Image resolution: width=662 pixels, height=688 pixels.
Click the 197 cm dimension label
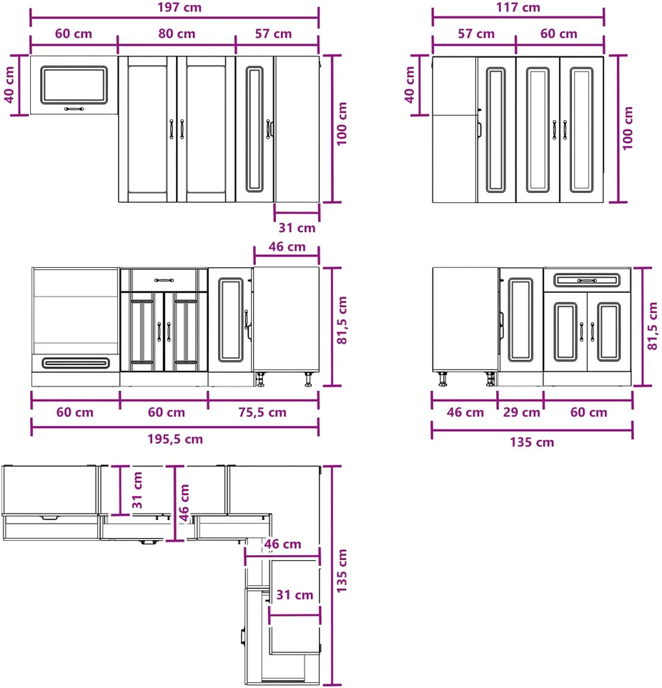tap(179, 7)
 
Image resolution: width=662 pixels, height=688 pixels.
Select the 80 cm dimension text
tap(177, 34)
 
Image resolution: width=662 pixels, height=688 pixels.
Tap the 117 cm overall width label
tap(518, 7)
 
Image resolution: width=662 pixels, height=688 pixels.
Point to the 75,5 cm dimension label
tap(262, 412)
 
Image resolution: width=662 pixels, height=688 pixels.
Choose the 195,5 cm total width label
tap(175, 439)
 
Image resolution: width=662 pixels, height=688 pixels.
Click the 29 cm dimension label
tap(522, 412)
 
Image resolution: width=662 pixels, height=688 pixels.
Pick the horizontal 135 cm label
tap(532, 442)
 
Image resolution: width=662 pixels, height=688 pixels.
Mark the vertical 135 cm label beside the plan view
tap(342, 571)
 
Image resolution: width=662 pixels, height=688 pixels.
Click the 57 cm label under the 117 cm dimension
tap(476, 34)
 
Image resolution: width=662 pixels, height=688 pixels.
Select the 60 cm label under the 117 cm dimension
tap(559, 34)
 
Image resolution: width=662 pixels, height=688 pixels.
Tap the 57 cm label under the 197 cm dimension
tap(274, 34)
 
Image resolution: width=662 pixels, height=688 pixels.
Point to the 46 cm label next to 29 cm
tap(465, 412)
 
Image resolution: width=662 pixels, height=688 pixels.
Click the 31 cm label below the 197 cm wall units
tap(297, 228)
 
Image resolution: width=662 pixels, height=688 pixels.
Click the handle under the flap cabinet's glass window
tap(74, 109)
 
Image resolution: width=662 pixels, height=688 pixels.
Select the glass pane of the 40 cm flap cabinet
tap(74, 85)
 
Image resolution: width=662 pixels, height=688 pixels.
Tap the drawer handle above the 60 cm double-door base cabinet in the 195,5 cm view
tap(164, 280)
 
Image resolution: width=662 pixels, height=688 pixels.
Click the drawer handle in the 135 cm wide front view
tap(587, 280)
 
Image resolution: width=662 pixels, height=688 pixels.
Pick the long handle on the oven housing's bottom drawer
tap(76, 363)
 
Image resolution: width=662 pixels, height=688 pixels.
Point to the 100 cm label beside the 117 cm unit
tap(628, 128)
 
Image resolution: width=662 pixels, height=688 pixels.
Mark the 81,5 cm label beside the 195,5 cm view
tap(342, 320)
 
